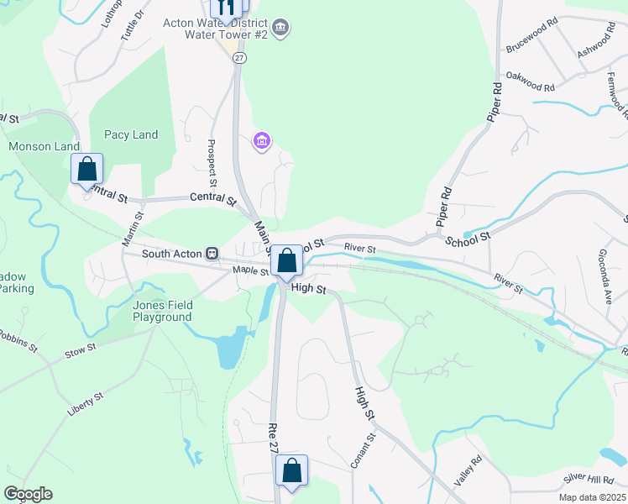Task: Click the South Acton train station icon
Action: coord(212,253)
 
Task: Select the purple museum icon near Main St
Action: coord(261,139)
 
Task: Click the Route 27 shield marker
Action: coord(240,57)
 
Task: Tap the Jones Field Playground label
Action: coord(162,311)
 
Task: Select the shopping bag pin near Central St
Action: coord(86,170)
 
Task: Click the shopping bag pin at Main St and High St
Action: coord(286,262)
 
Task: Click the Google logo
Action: coord(28,494)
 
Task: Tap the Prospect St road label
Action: coord(212,163)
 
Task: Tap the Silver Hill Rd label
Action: coord(589,477)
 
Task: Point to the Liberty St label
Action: coord(86,405)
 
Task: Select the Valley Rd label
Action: coord(468,470)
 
